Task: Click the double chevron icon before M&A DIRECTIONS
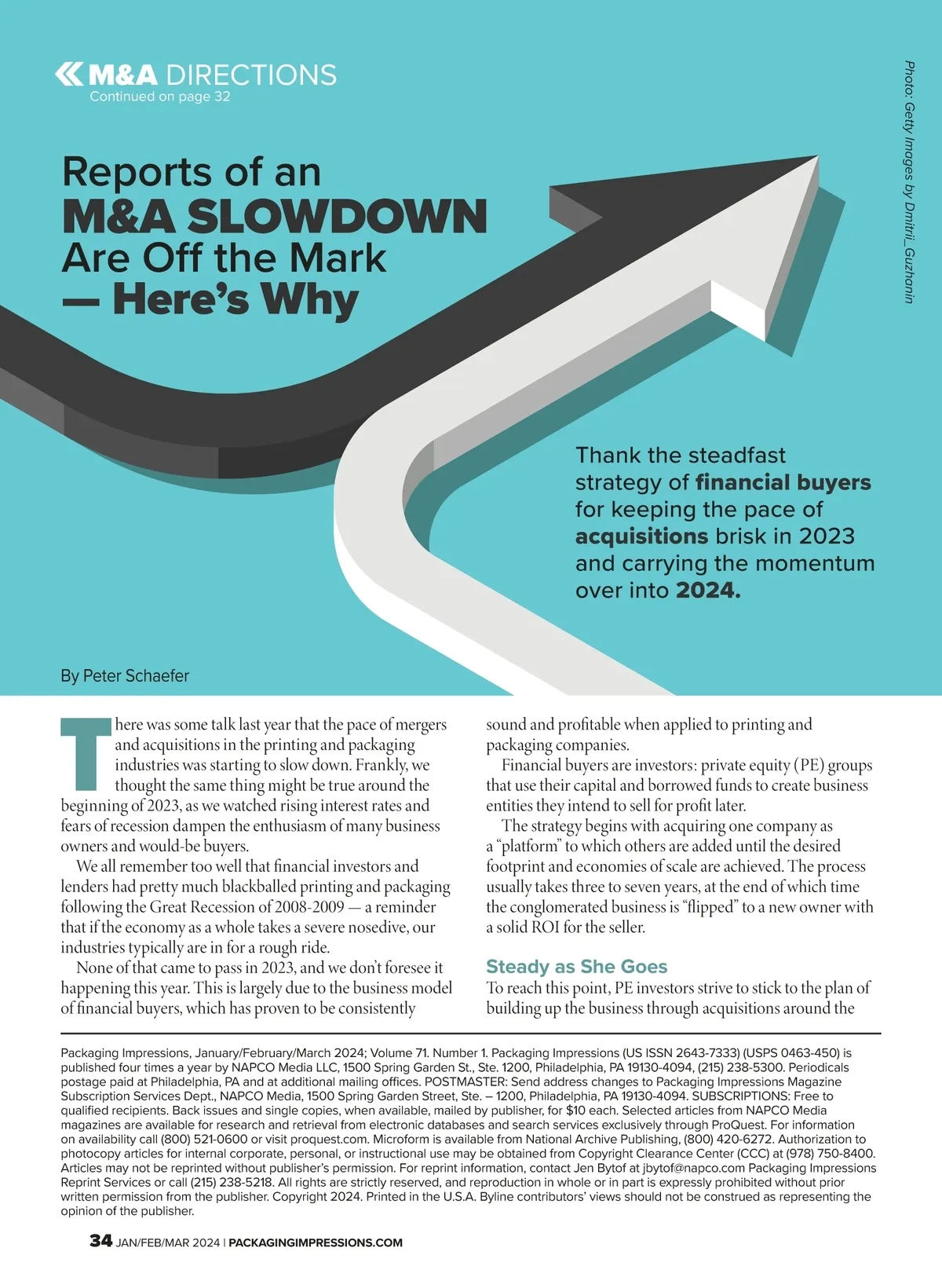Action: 69,75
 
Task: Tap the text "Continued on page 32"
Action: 160,97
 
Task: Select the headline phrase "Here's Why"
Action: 235,299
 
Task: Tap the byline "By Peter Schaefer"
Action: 125,675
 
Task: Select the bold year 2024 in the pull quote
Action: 707,590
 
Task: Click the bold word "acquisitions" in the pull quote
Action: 641,536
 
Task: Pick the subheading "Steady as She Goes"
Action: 576,967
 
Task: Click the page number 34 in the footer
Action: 100,1241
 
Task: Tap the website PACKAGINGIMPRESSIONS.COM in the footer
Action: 316,1242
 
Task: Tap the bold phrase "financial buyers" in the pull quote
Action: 783,482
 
